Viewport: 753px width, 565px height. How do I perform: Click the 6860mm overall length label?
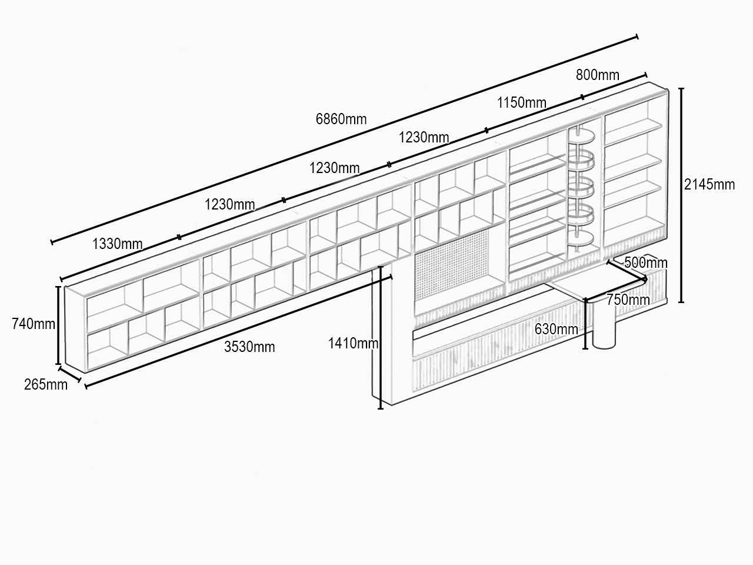(341, 119)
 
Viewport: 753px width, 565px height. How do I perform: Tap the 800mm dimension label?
(597, 75)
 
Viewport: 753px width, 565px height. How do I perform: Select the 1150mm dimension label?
(521, 102)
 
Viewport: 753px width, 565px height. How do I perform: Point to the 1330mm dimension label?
(117, 244)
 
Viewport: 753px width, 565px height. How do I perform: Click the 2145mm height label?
(709, 185)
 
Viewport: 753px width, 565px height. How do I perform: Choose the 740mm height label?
(34, 324)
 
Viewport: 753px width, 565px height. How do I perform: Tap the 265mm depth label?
(46, 384)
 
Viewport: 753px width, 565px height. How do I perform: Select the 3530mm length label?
(249, 347)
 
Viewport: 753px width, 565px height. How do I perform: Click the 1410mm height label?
(353, 343)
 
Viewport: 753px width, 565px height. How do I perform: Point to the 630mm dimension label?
(556, 330)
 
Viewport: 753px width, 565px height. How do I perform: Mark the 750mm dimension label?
(628, 300)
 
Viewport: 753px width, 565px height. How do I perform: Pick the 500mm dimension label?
(645, 263)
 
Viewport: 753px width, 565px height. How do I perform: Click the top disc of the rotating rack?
(581, 136)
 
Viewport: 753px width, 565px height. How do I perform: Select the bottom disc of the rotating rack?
(581, 238)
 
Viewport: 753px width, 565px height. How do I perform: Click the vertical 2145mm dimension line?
(681, 195)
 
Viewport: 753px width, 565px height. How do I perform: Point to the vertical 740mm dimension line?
(58, 325)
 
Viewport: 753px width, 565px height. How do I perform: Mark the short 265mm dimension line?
(70, 374)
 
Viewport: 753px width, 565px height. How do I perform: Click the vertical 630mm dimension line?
(585, 324)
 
